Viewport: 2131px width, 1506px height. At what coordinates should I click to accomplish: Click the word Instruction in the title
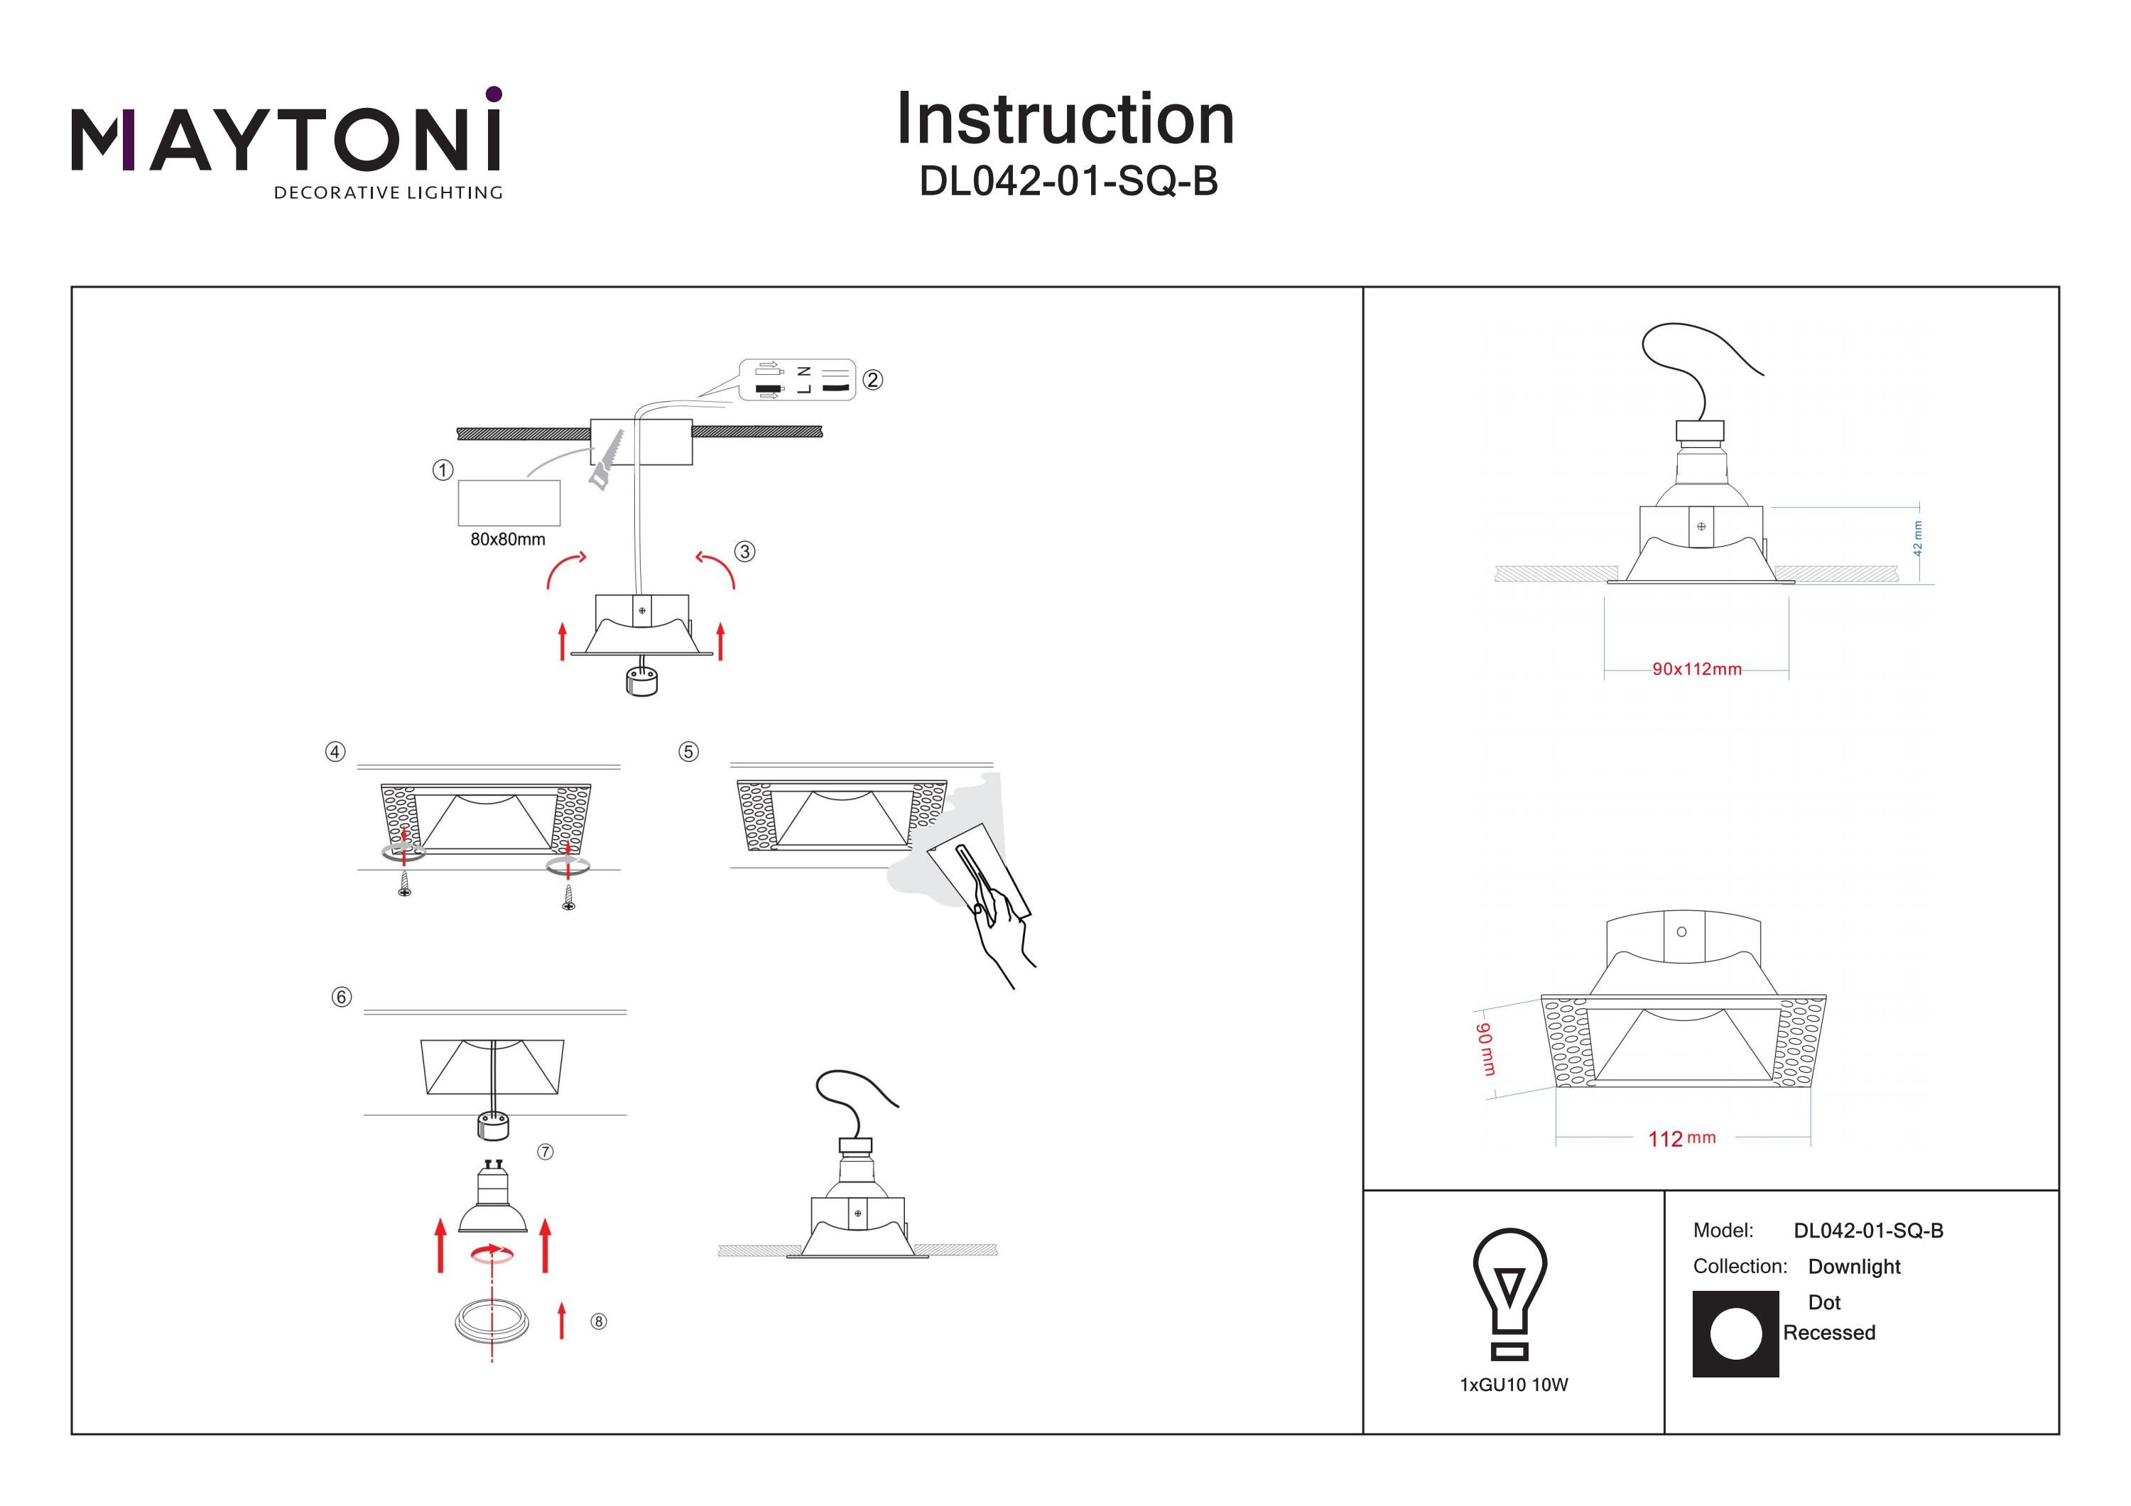pyautogui.click(x=1065, y=120)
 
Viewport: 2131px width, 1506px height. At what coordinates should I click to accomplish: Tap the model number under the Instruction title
pyautogui.click(x=1068, y=182)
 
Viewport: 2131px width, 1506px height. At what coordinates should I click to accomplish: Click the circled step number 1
pyautogui.click(x=443, y=471)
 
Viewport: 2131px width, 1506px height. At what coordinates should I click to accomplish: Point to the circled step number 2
pyautogui.click(x=872, y=379)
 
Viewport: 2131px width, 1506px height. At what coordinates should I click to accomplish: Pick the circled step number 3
pyautogui.click(x=744, y=551)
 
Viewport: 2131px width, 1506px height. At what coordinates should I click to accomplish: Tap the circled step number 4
pyautogui.click(x=335, y=752)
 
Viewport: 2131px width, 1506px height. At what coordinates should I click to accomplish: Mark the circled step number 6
pyautogui.click(x=342, y=997)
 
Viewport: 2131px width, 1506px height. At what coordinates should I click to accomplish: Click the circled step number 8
pyautogui.click(x=599, y=1321)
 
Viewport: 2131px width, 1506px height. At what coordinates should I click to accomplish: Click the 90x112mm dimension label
pyautogui.click(x=1697, y=669)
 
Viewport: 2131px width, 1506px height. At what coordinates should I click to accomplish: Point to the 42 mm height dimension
pyautogui.click(x=1917, y=538)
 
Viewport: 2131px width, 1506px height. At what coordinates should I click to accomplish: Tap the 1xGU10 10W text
pyautogui.click(x=1514, y=1385)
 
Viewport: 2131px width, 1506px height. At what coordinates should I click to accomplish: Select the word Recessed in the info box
pyautogui.click(x=1828, y=1333)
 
